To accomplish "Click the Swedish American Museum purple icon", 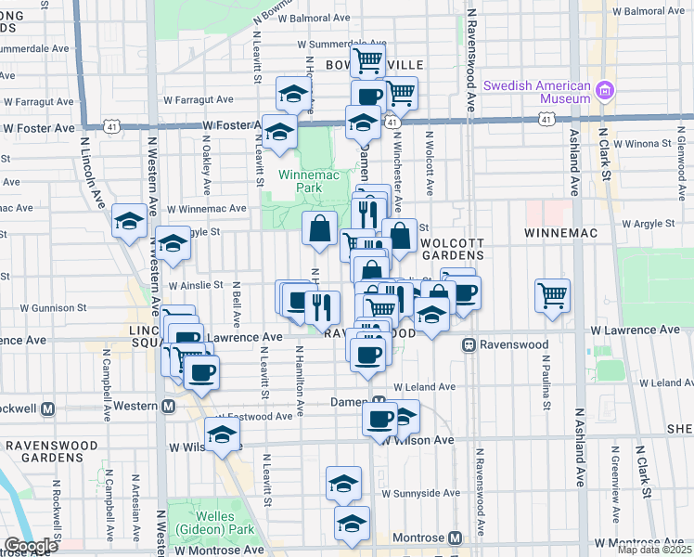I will (x=605, y=91).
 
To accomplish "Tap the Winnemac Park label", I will (x=302, y=180).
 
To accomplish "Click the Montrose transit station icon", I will (x=455, y=538).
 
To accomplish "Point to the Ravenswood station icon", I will (x=470, y=345).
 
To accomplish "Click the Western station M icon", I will (x=169, y=407).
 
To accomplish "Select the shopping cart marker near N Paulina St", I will (x=553, y=296).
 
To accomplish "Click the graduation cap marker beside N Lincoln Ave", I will (x=130, y=221).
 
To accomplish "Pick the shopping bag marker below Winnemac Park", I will (x=319, y=227).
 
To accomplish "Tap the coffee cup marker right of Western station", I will (x=201, y=373).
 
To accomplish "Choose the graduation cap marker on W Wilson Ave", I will (x=223, y=434).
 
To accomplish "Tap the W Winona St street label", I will (x=636, y=144).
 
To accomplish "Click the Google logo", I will (x=31, y=546).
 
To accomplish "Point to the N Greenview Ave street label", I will (x=614, y=483).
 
